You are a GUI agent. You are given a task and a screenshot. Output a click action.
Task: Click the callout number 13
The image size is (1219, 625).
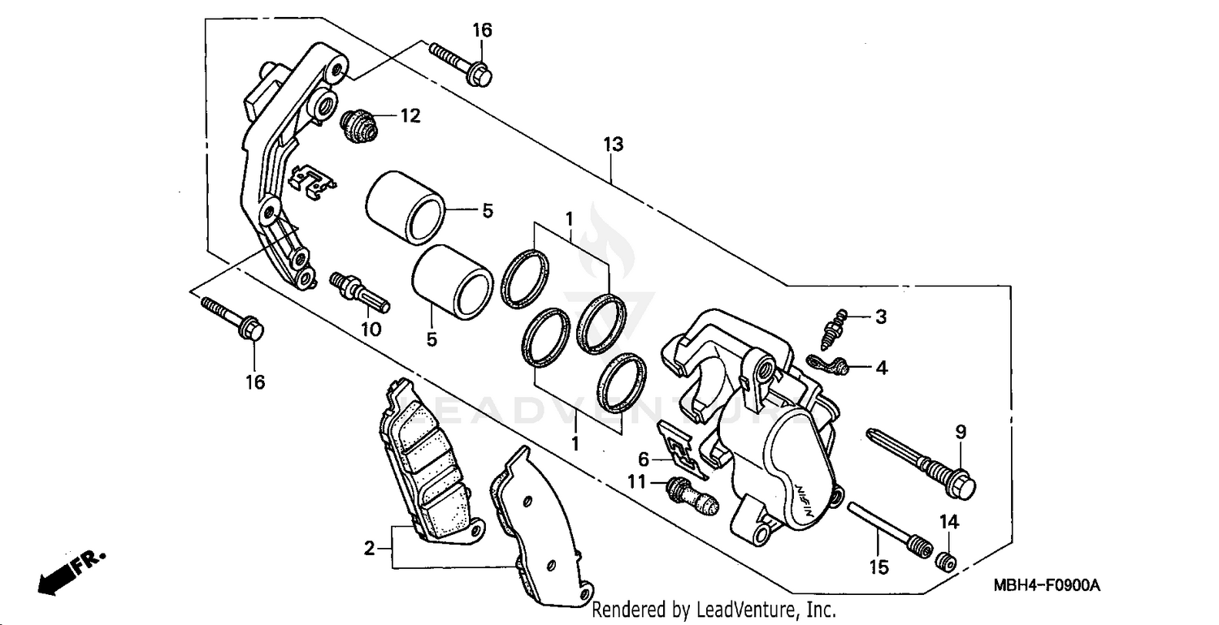coord(613,144)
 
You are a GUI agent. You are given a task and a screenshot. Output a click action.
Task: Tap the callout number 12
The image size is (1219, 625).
coord(410,116)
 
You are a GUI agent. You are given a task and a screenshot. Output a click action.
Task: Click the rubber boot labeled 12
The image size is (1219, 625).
coord(358,125)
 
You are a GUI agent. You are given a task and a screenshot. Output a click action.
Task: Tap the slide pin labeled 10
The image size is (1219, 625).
coord(360,291)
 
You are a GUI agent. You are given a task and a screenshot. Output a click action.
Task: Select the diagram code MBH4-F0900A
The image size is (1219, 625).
coord(1045,586)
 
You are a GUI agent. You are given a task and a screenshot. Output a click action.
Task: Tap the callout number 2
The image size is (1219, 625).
coord(370,549)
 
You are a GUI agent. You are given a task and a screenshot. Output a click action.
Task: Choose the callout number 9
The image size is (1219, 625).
coord(960,432)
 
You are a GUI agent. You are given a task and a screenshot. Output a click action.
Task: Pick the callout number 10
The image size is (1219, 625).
coord(371,330)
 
